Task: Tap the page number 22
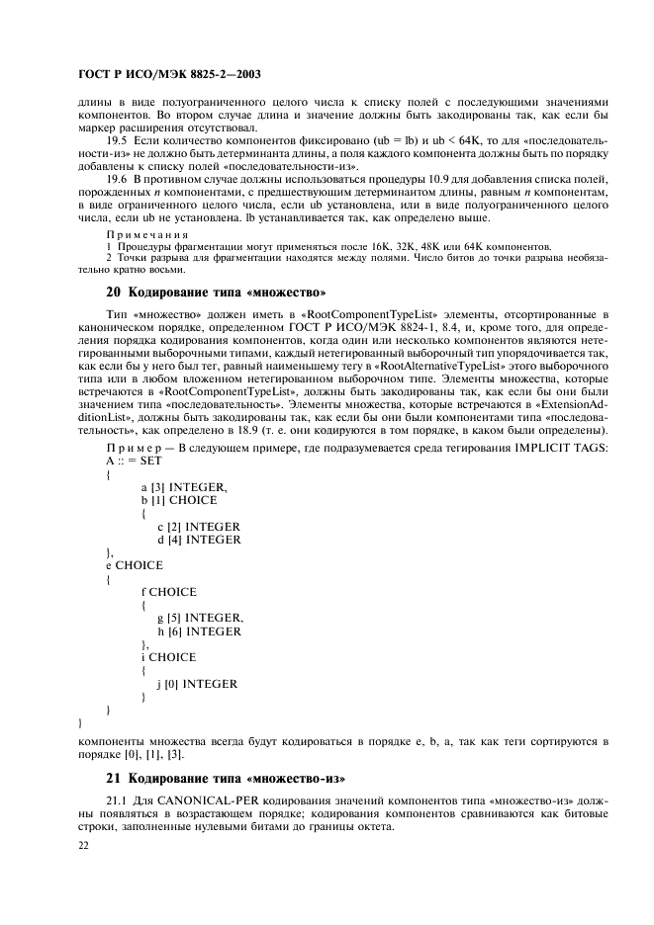[83, 846]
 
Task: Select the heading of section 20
[216, 292]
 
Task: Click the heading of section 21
[230, 777]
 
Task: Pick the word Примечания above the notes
[146, 234]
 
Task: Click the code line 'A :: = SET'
[134, 462]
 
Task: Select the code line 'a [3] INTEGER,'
[184, 487]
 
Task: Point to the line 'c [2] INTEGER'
[199, 527]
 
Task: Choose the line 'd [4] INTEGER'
[199, 540]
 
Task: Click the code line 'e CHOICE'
[137, 565]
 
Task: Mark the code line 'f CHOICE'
[169, 592]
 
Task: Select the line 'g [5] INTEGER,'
[200, 618]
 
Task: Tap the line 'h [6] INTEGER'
[199, 631]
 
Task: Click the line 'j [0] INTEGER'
[197, 683]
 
